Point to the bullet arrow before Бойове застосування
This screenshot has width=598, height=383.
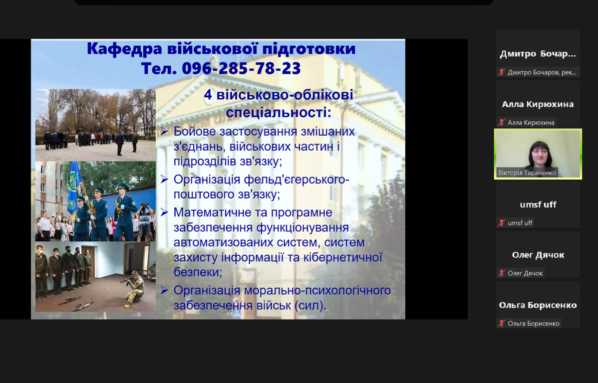click(x=164, y=132)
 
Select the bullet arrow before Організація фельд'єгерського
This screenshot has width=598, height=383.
click(x=164, y=179)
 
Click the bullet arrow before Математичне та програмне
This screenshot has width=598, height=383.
click(x=164, y=212)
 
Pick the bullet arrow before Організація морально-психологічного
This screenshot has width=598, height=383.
click(x=164, y=290)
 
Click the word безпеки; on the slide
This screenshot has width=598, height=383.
click(x=198, y=272)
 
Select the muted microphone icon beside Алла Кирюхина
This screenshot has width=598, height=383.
click(x=502, y=122)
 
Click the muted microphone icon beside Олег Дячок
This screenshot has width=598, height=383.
click(x=502, y=273)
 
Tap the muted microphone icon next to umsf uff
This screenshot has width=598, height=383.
click(x=502, y=223)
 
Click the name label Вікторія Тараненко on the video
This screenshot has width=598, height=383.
click(x=527, y=173)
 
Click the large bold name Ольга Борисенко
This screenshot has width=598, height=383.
click(x=538, y=305)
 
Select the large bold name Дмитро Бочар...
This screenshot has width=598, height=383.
click(x=538, y=54)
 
